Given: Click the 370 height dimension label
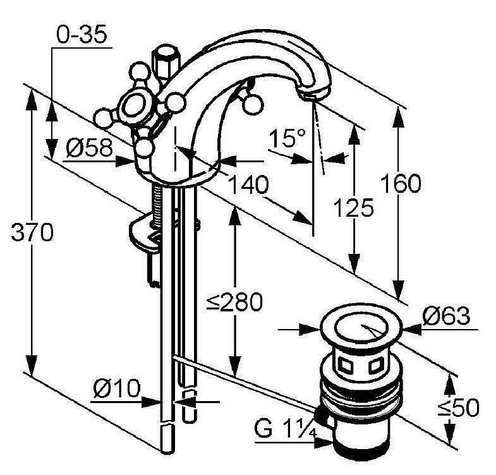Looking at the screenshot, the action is tap(32, 232).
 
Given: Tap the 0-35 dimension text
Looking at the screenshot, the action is tap(82, 34).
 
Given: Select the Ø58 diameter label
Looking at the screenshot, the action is tap(90, 148).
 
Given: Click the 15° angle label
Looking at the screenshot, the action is tap(287, 138).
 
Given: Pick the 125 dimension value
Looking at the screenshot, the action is tap(354, 208).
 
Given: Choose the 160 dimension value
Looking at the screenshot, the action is tap(401, 183).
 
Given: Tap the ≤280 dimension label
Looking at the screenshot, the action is tap(234, 302).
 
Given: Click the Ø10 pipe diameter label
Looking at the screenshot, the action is tap(117, 388).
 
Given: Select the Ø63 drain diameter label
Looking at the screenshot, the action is tap(446, 316).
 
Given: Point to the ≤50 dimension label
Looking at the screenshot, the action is tap(458, 407).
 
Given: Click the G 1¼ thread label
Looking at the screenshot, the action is tap(286, 429).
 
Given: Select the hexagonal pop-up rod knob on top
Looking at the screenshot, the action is tap(165, 63).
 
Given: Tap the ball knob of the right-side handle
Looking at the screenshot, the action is tap(253, 105).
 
